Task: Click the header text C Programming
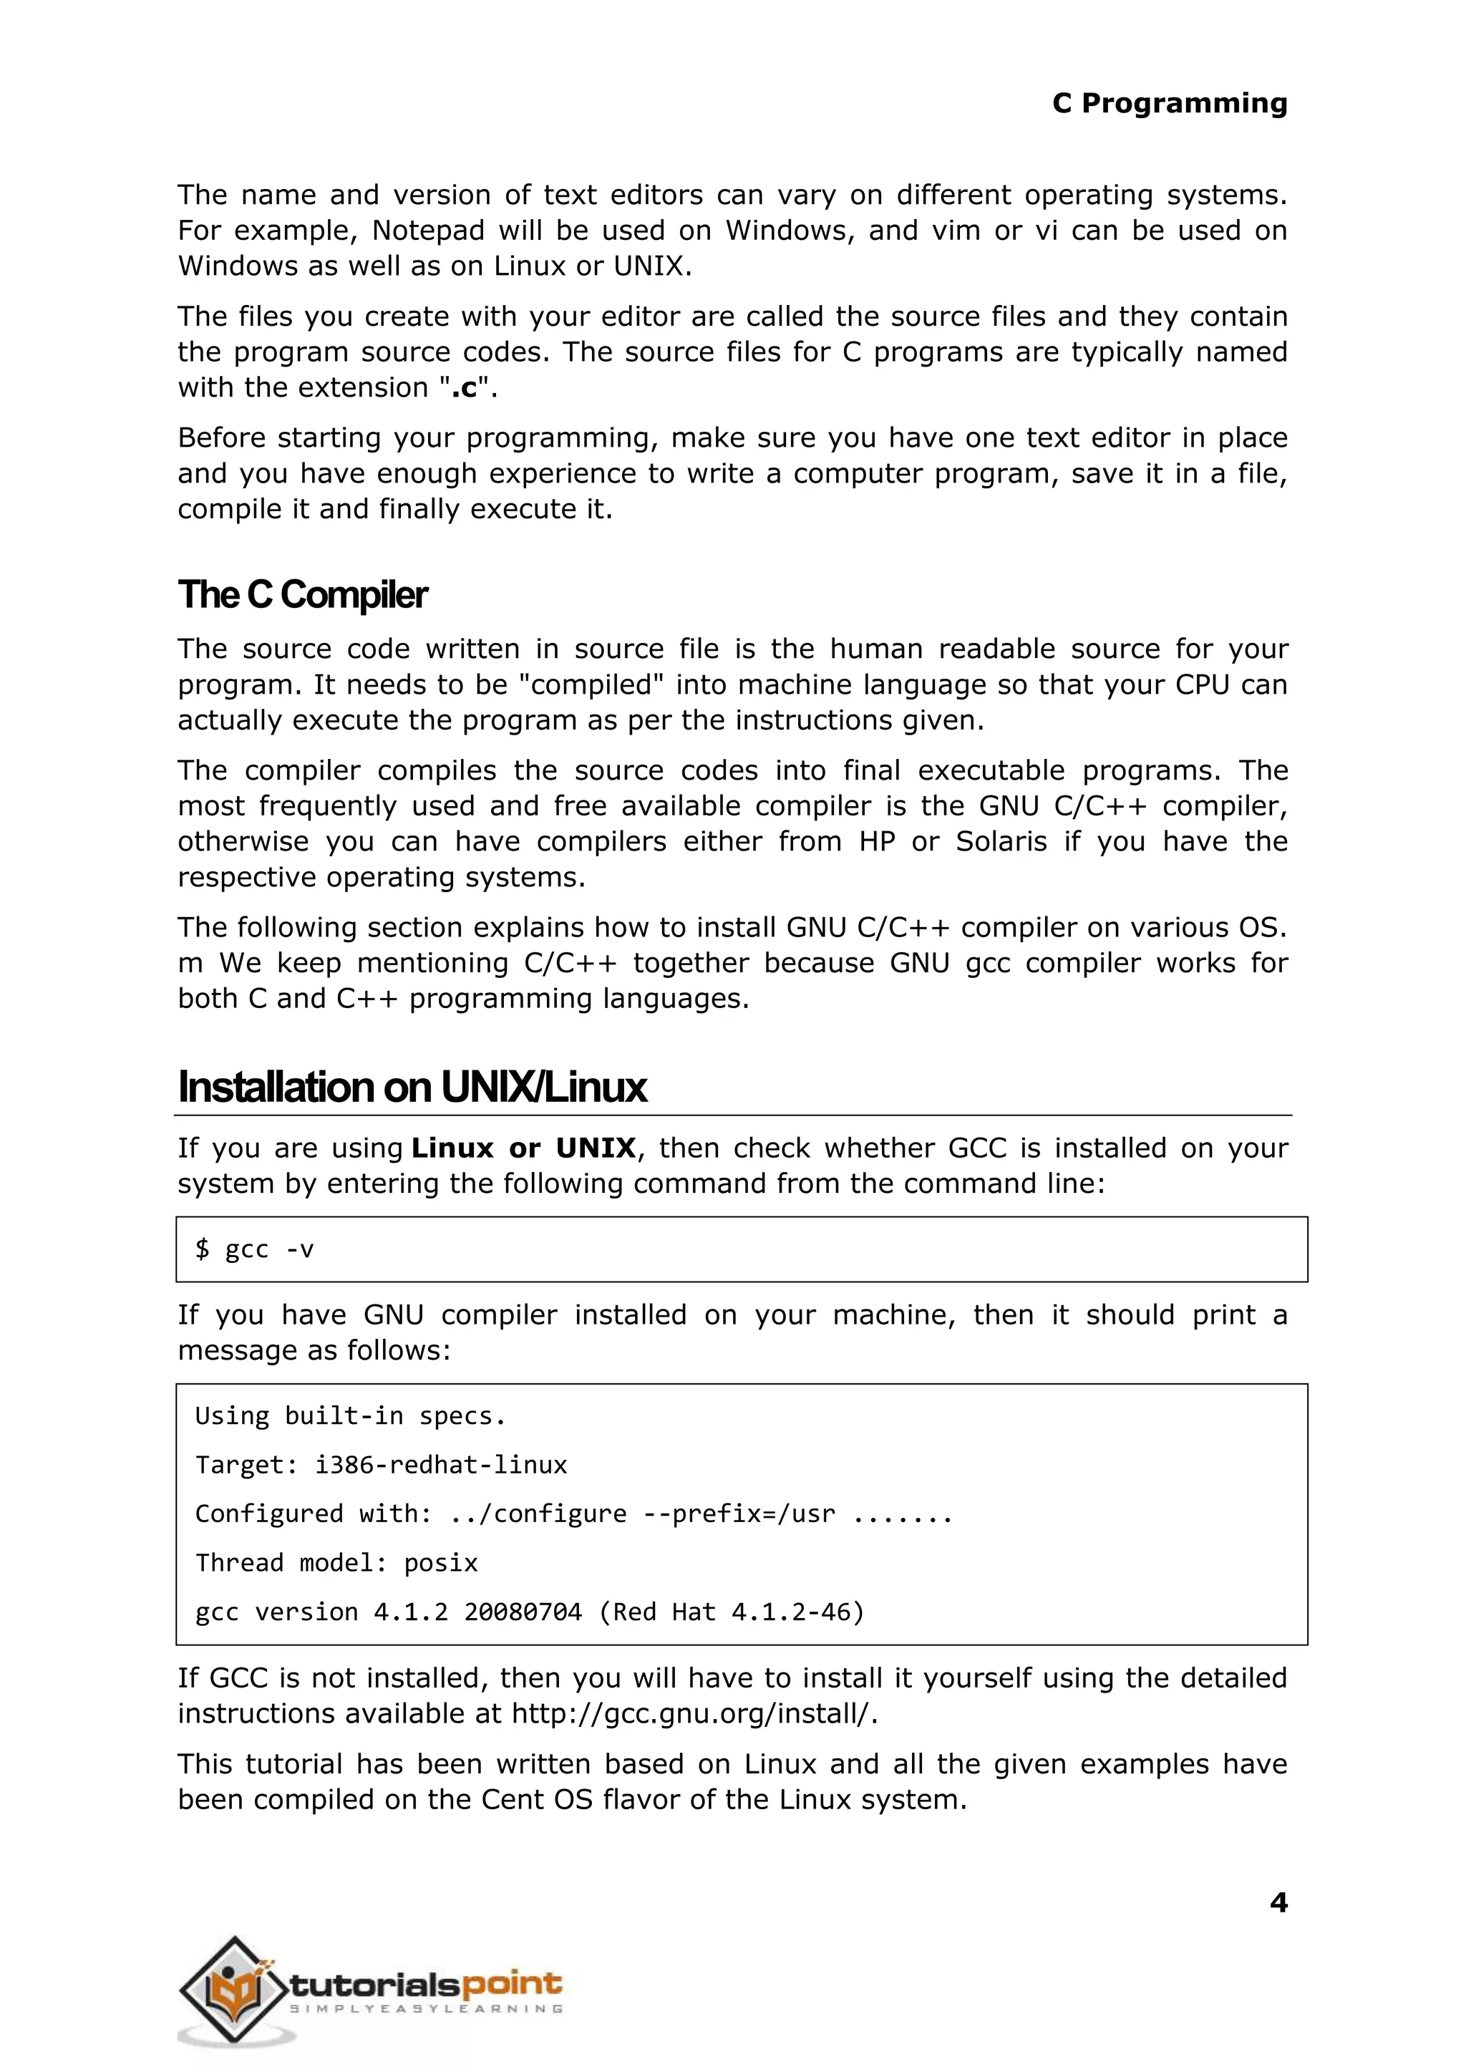pos(1169,103)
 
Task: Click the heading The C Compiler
pos(302,595)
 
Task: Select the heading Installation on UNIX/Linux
pos(412,1087)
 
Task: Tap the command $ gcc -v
pos(255,1249)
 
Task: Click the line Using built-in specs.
pos(349,1415)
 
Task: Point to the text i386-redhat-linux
pos(440,1464)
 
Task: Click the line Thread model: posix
pos(336,1563)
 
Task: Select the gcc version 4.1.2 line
pos(529,1612)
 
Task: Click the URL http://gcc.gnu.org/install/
pos(694,1713)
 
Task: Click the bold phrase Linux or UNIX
pos(523,1148)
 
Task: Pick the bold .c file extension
pos(464,387)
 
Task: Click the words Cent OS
pos(536,1799)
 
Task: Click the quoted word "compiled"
pos(592,684)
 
